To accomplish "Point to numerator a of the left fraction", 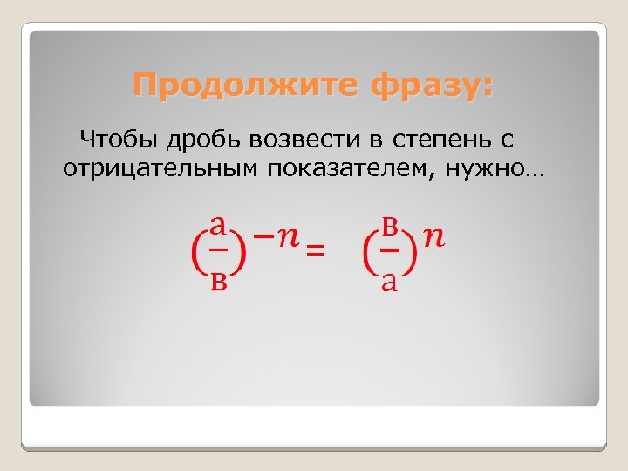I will (219, 226).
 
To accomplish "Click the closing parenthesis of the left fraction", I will (241, 253).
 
